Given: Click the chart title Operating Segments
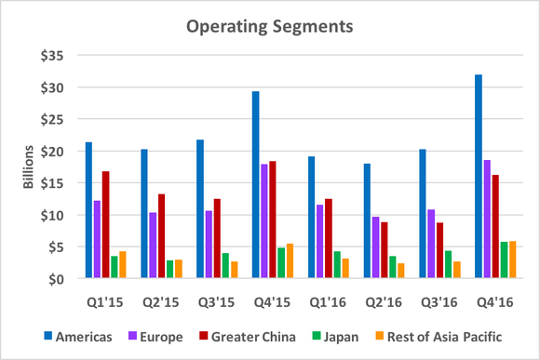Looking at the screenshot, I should (270, 26).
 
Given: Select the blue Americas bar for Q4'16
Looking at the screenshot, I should (479, 177).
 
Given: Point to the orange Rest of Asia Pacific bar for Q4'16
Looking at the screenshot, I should (512, 260).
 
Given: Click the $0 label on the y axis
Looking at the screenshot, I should (55, 279).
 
